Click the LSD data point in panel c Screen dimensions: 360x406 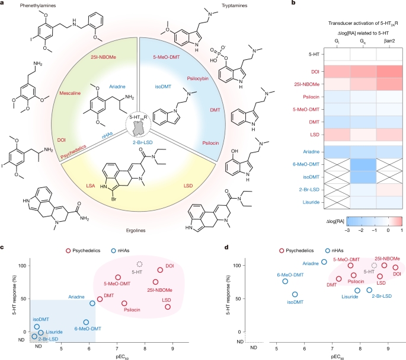[168, 307]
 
